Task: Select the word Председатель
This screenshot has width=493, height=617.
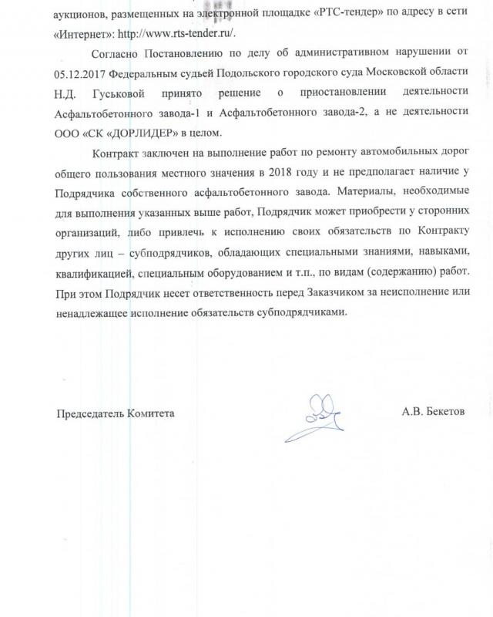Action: (91, 413)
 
